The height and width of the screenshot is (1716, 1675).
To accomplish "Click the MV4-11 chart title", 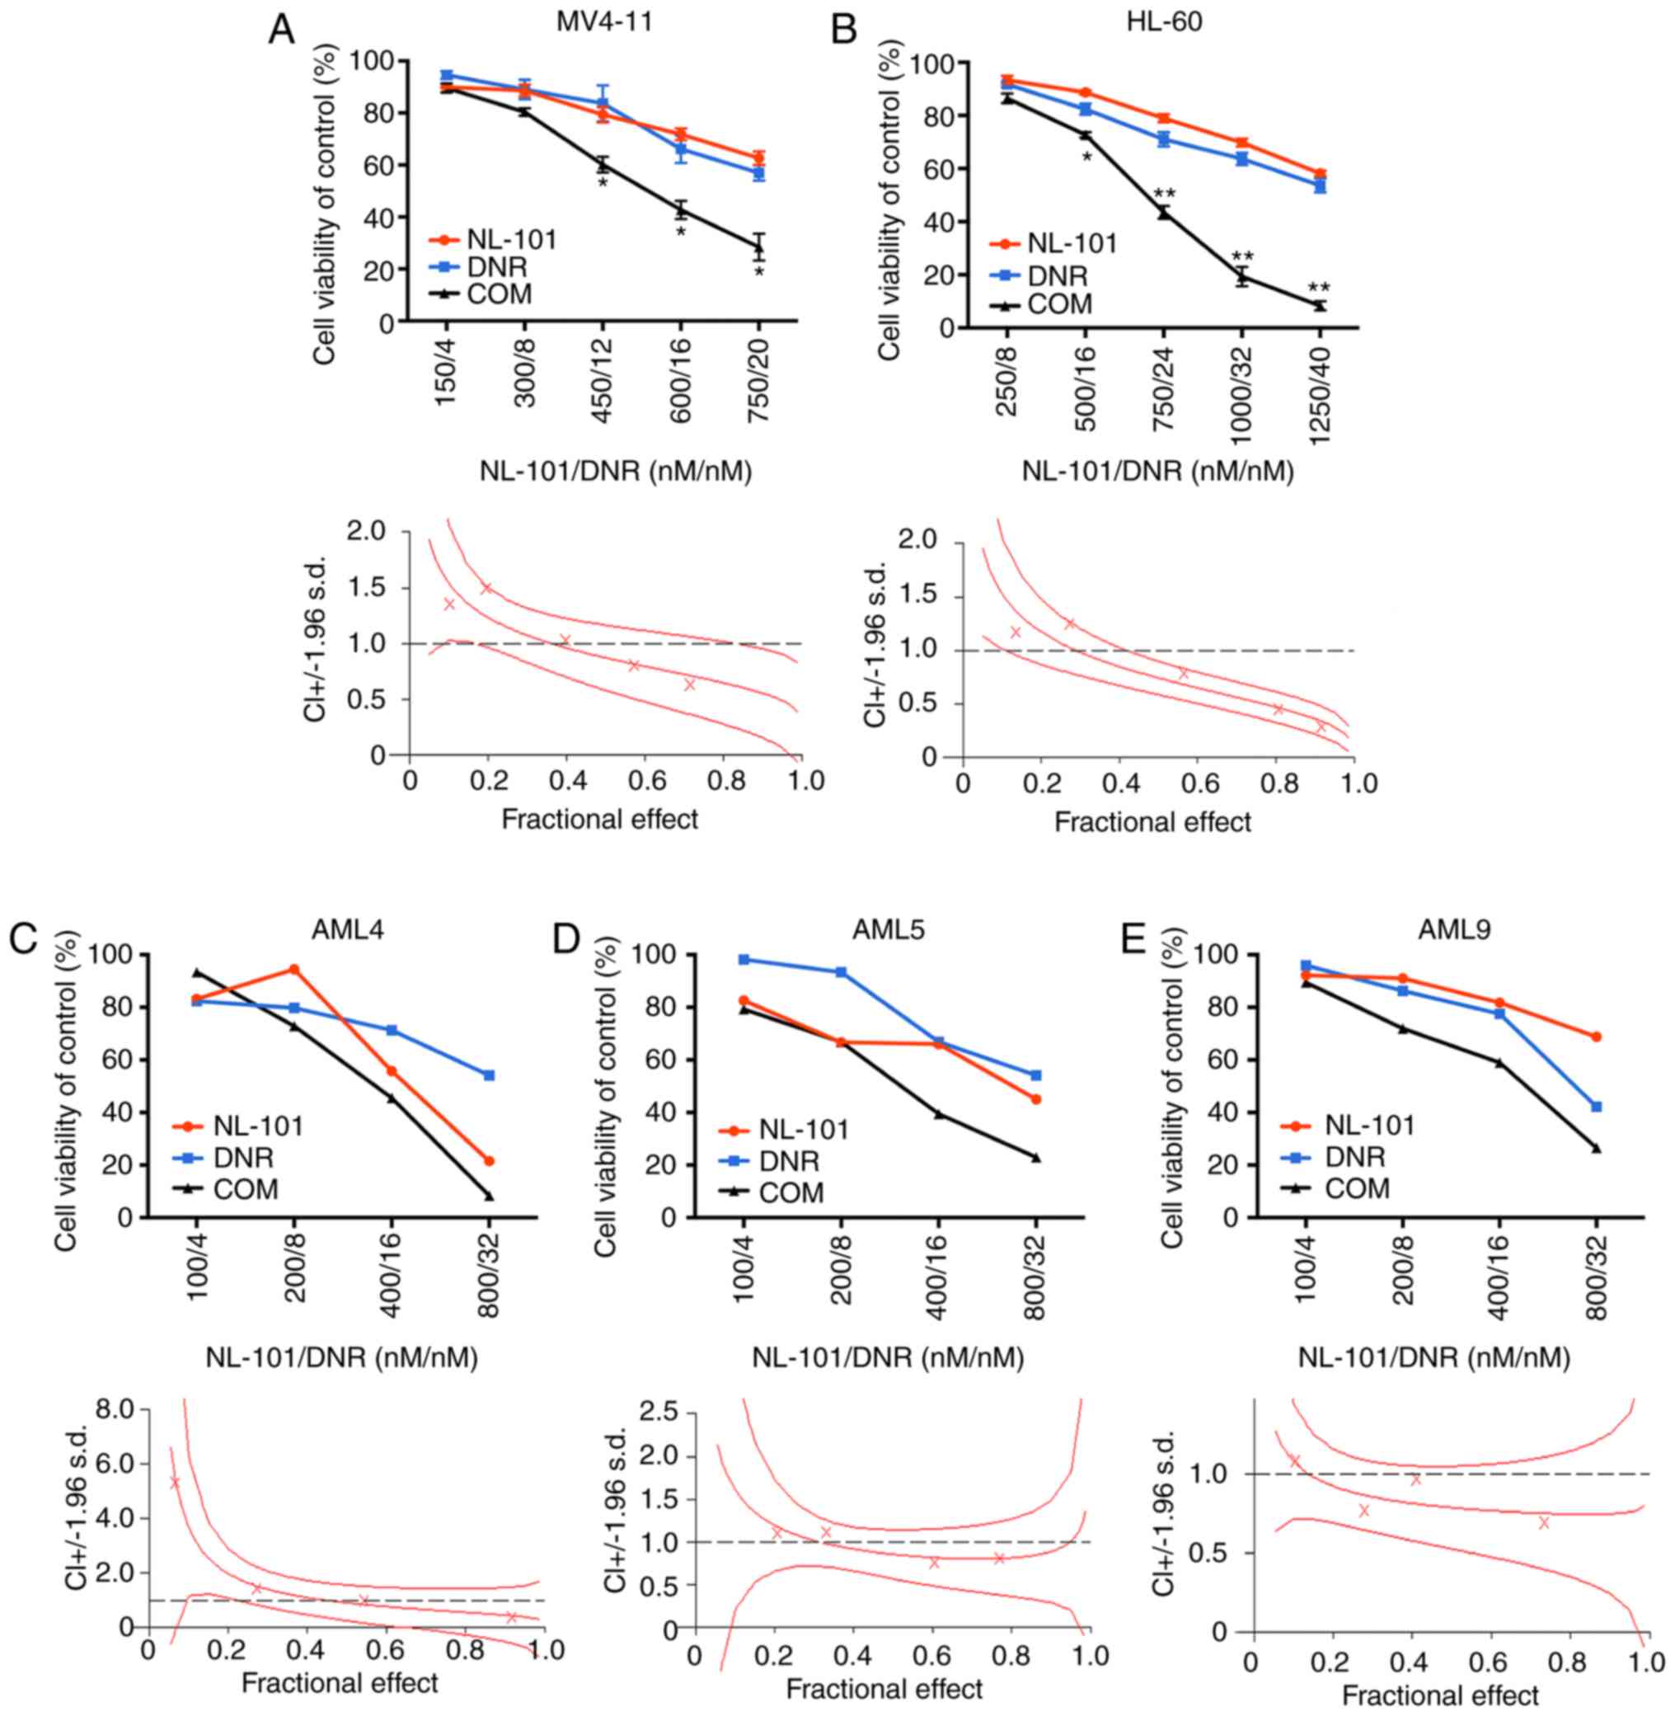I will pos(604,22).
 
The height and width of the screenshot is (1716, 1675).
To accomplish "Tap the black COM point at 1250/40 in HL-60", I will pos(1320,304).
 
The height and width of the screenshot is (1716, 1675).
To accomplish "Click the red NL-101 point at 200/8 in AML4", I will pos(293,970).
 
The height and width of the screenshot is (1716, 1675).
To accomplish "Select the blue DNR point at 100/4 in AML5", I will pos(744,959).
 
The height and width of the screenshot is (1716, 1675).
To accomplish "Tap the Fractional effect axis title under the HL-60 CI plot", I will pos(1152,822).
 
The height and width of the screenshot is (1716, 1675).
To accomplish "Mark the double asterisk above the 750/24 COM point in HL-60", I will pos(1165,194).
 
